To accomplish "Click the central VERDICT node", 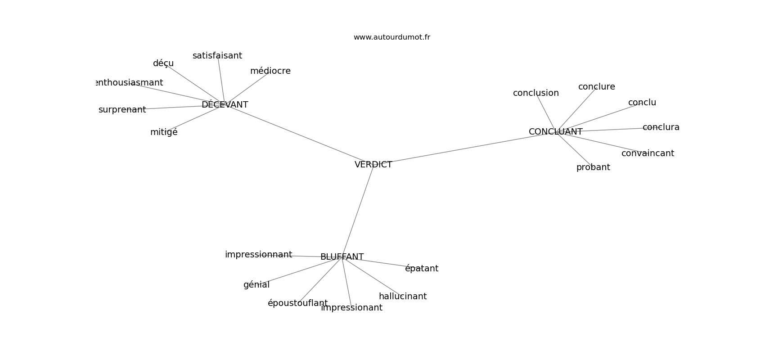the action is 373,165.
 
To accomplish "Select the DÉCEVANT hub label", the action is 225,104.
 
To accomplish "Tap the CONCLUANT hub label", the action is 555,131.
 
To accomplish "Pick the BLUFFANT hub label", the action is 342,257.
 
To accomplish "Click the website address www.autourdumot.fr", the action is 391,37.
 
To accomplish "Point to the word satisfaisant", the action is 217,55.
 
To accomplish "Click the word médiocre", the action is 270,71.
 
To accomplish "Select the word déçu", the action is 163,63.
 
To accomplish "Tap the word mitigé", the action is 164,132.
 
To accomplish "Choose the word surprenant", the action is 122,110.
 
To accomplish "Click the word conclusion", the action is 536,93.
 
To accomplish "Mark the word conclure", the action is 596,87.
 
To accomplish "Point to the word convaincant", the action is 648,153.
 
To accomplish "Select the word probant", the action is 593,167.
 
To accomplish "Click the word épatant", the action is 422,269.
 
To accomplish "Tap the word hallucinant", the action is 403,296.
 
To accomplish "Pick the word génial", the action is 256,285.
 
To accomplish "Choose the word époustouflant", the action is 297,303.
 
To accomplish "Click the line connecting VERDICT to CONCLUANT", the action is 464,148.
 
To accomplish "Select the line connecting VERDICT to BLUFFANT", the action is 358,211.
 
